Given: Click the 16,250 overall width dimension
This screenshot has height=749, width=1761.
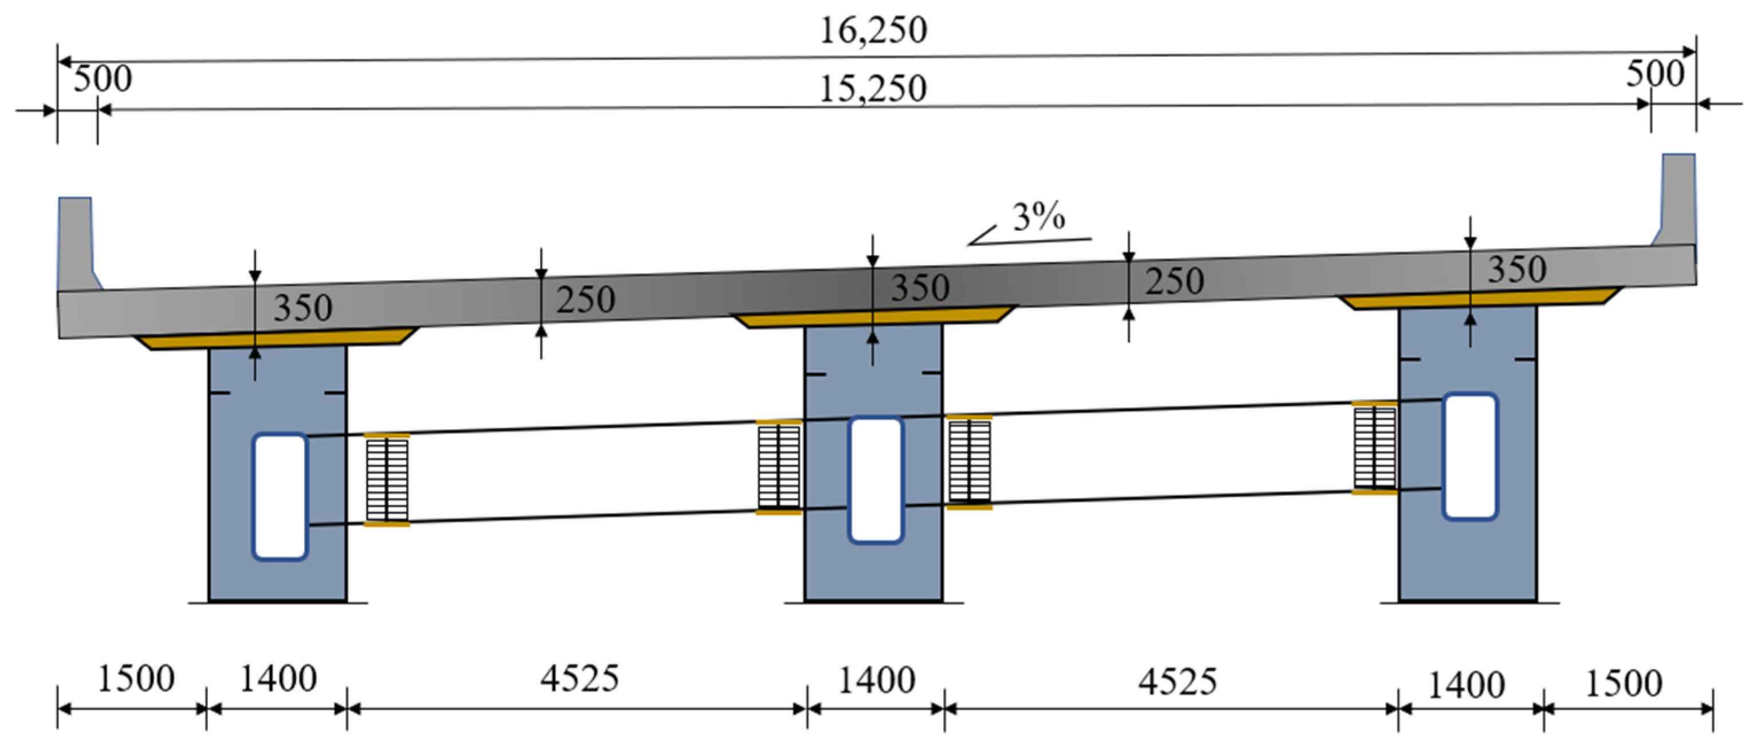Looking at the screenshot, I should (873, 31).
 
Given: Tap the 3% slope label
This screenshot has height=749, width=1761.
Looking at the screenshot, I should (1038, 217).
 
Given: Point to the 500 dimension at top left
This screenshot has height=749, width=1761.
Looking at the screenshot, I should (103, 79).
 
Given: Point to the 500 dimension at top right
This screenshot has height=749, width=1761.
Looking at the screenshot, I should (1654, 73).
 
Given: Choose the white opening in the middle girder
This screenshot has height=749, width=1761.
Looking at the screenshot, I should (876, 480).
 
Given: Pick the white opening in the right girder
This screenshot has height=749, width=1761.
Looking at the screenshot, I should (1470, 456).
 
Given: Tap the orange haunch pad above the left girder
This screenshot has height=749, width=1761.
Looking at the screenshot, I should (277, 340).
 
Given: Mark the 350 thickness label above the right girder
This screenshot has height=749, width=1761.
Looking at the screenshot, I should (1517, 269).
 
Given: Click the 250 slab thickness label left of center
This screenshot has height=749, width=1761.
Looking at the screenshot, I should (585, 300).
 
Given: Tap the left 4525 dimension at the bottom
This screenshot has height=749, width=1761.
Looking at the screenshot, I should (580, 679).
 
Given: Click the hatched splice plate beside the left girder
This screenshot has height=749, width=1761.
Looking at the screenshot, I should (387, 480).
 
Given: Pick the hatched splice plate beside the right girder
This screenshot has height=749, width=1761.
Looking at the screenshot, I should (1374, 448).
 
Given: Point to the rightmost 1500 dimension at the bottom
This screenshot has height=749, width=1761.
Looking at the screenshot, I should (1623, 683).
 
